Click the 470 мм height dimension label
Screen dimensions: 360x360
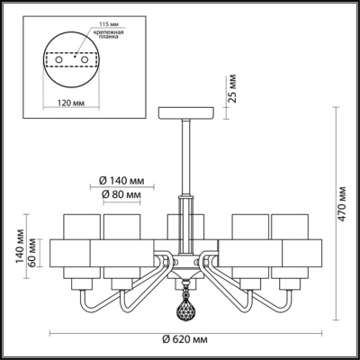point(342,216)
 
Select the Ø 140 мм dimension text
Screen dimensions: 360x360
point(121,178)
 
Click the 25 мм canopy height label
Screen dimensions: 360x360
point(231,91)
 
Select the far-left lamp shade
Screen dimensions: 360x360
point(77,243)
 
